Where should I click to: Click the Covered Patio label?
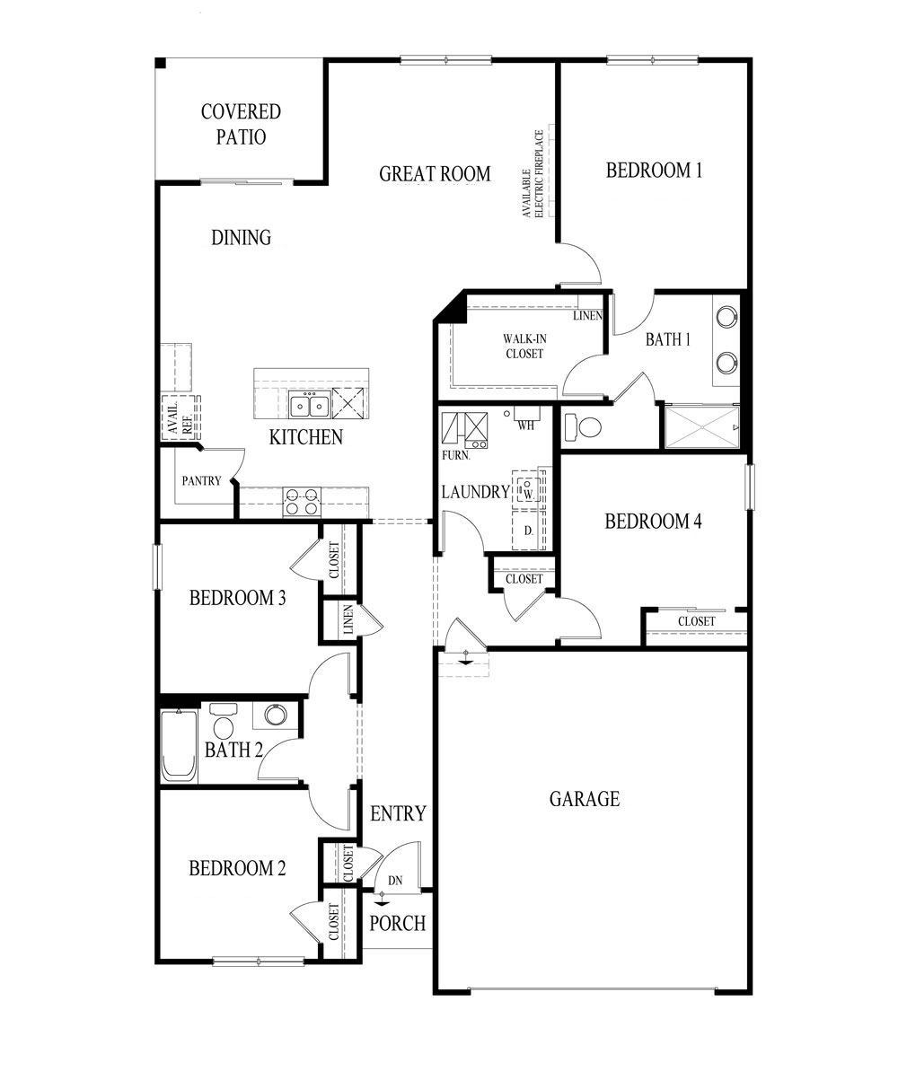(x=241, y=124)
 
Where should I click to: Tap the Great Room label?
(x=435, y=173)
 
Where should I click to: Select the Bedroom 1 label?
(x=654, y=170)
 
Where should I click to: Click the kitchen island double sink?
(x=308, y=405)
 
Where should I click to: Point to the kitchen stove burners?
(x=302, y=501)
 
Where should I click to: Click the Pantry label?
(x=201, y=480)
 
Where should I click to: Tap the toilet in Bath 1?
(x=585, y=426)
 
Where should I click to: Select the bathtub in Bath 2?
(x=179, y=745)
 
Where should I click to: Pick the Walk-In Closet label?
(x=523, y=346)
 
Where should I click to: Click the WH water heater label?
(x=526, y=426)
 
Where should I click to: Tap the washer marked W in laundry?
(x=529, y=491)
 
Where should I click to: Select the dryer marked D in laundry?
(x=529, y=531)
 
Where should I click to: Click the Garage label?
(x=585, y=798)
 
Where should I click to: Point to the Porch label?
(x=397, y=923)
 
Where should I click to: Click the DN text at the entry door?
(x=394, y=881)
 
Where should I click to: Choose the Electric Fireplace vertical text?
(x=533, y=174)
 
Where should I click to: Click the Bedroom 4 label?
(x=653, y=522)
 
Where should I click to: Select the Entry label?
(x=398, y=813)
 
